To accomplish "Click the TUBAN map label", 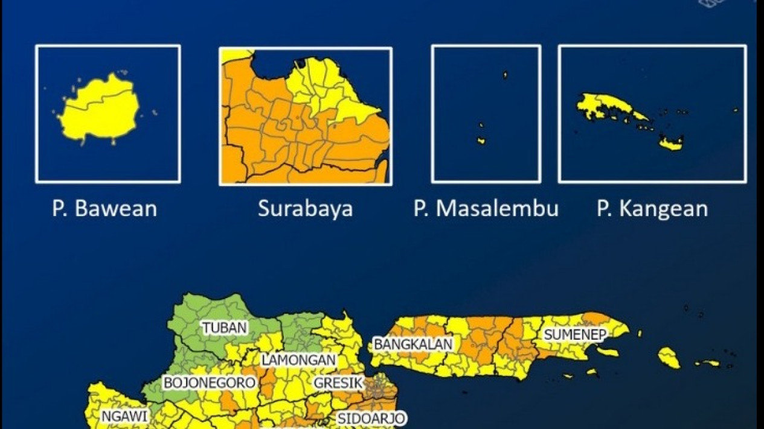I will point(225,328).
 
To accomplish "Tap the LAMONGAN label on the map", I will point(298,360).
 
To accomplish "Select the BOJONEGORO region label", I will point(209,383).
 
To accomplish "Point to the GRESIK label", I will point(338,383).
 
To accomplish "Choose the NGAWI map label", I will point(124,416).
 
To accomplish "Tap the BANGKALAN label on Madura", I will point(413,344).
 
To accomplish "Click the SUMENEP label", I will point(574,334).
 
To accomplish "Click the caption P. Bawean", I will point(104,209).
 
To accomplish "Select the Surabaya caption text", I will point(305,209).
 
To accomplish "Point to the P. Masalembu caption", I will point(486,209).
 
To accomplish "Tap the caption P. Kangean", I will point(652,209).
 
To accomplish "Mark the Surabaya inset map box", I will point(305,115).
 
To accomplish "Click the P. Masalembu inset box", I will point(486,113).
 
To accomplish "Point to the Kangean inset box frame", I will point(652,46).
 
